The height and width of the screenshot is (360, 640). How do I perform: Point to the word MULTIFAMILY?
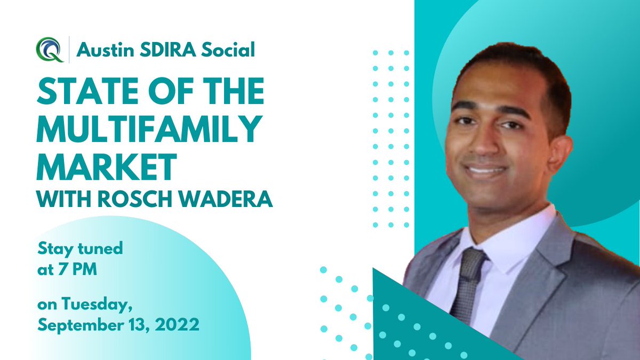click(x=149, y=130)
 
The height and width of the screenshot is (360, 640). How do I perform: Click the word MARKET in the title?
click(x=107, y=166)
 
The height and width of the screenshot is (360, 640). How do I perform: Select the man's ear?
click(x=563, y=147)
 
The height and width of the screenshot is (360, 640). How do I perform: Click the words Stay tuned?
click(x=80, y=248)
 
